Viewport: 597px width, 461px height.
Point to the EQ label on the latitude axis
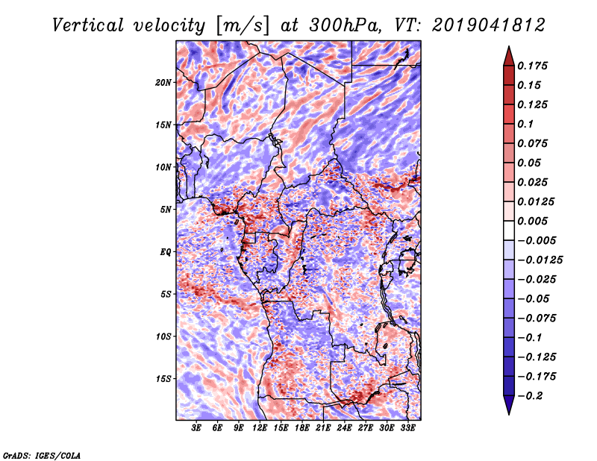click(x=166, y=251)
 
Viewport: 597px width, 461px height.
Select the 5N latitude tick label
click(x=166, y=210)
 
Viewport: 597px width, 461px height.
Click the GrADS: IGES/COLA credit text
click(x=41, y=454)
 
